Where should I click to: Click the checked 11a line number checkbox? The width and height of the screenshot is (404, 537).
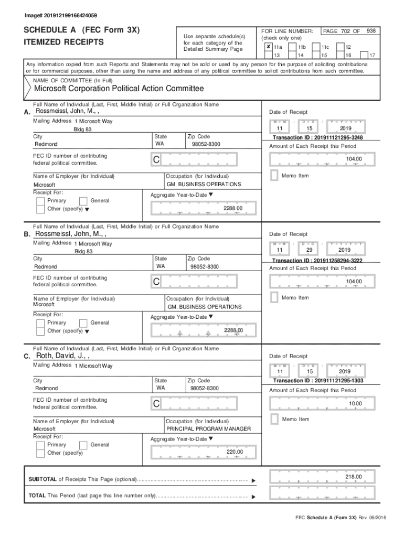[268, 47]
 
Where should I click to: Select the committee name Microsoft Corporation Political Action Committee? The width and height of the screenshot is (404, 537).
[119, 89]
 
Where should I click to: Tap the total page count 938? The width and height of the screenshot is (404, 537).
[371, 31]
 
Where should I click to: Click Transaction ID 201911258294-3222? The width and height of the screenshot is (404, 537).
[317, 260]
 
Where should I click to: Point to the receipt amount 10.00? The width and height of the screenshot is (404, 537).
[355, 403]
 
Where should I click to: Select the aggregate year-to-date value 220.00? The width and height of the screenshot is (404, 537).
[234, 452]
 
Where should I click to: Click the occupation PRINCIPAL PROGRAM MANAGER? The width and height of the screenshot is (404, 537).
[208, 429]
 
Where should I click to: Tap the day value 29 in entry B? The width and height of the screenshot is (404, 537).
[309, 250]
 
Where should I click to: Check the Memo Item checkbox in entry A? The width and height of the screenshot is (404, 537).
[273, 176]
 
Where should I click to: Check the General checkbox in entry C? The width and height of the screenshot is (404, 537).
[83, 445]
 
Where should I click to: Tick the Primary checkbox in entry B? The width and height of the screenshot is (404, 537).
[40, 323]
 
